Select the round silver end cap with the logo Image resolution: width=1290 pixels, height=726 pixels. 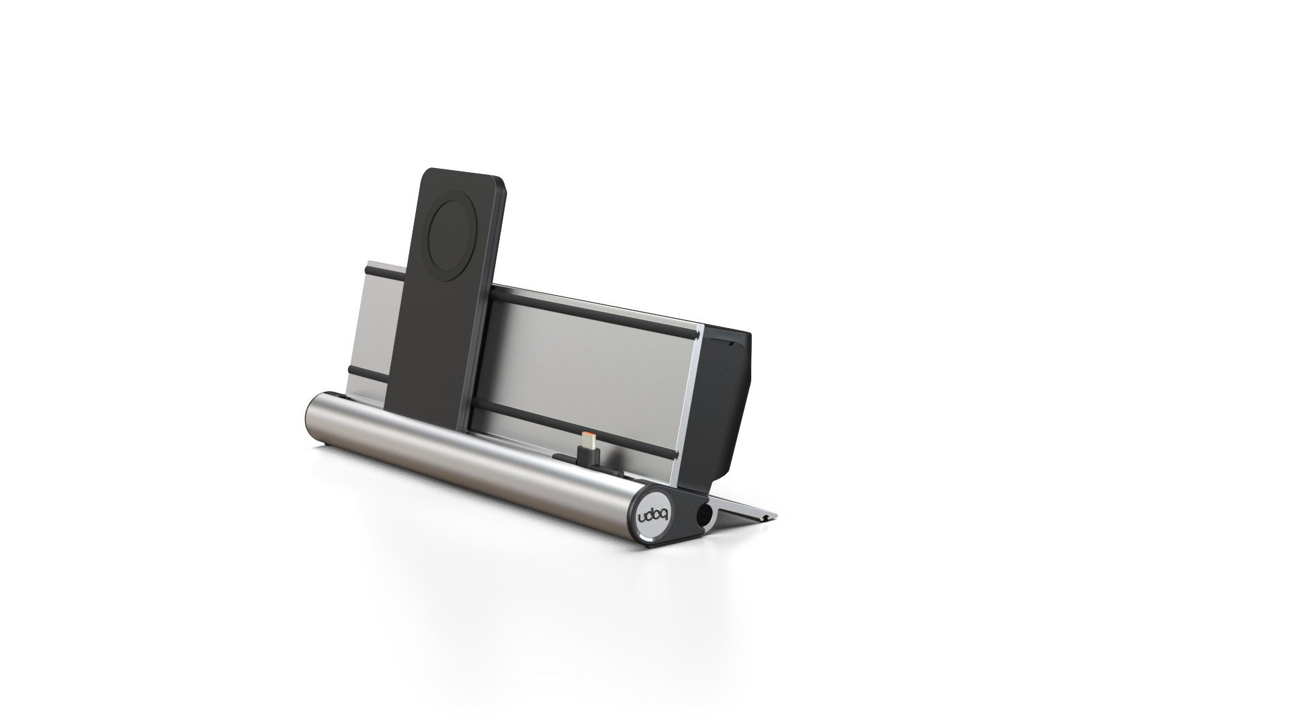coord(649,518)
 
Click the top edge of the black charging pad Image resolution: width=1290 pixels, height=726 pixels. coord(464,172)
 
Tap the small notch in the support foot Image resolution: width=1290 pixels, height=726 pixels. coord(761,518)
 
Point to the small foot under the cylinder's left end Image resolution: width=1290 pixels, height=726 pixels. coord(326,445)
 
